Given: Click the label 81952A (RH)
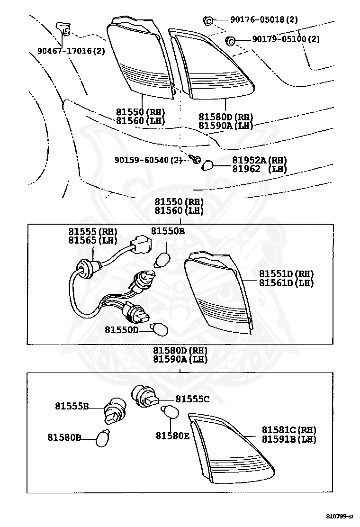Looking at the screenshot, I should coord(260,161).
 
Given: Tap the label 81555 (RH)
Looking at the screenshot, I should coord(92,232).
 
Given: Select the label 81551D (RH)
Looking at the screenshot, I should coord(286,274).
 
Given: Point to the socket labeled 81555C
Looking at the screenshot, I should coord(144,396).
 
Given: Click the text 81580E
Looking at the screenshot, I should coord(172,435).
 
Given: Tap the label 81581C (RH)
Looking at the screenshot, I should coord(289,430).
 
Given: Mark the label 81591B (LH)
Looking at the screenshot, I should coord(289,439).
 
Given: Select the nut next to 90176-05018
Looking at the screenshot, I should coord(207,20).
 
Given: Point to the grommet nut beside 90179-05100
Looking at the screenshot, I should coord(230,40).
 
